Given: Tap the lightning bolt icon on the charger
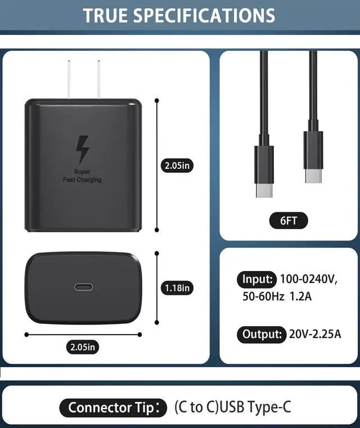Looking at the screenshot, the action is click(83, 149).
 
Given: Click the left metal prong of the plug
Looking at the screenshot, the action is click(69, 79).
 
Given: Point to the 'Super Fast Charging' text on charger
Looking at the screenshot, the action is click(82, 176).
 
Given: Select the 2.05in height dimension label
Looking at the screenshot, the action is click(177, 166).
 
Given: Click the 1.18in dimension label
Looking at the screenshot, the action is click(177, 288).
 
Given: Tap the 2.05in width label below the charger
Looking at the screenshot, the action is click(83, 347).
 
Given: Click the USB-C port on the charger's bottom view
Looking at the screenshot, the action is click(84, 287).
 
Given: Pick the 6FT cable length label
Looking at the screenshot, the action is click(289, 220).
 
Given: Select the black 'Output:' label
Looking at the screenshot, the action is click(261, 334).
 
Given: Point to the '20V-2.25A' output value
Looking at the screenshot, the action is click(316, 335).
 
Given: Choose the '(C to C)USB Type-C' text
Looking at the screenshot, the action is click(233, 407).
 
